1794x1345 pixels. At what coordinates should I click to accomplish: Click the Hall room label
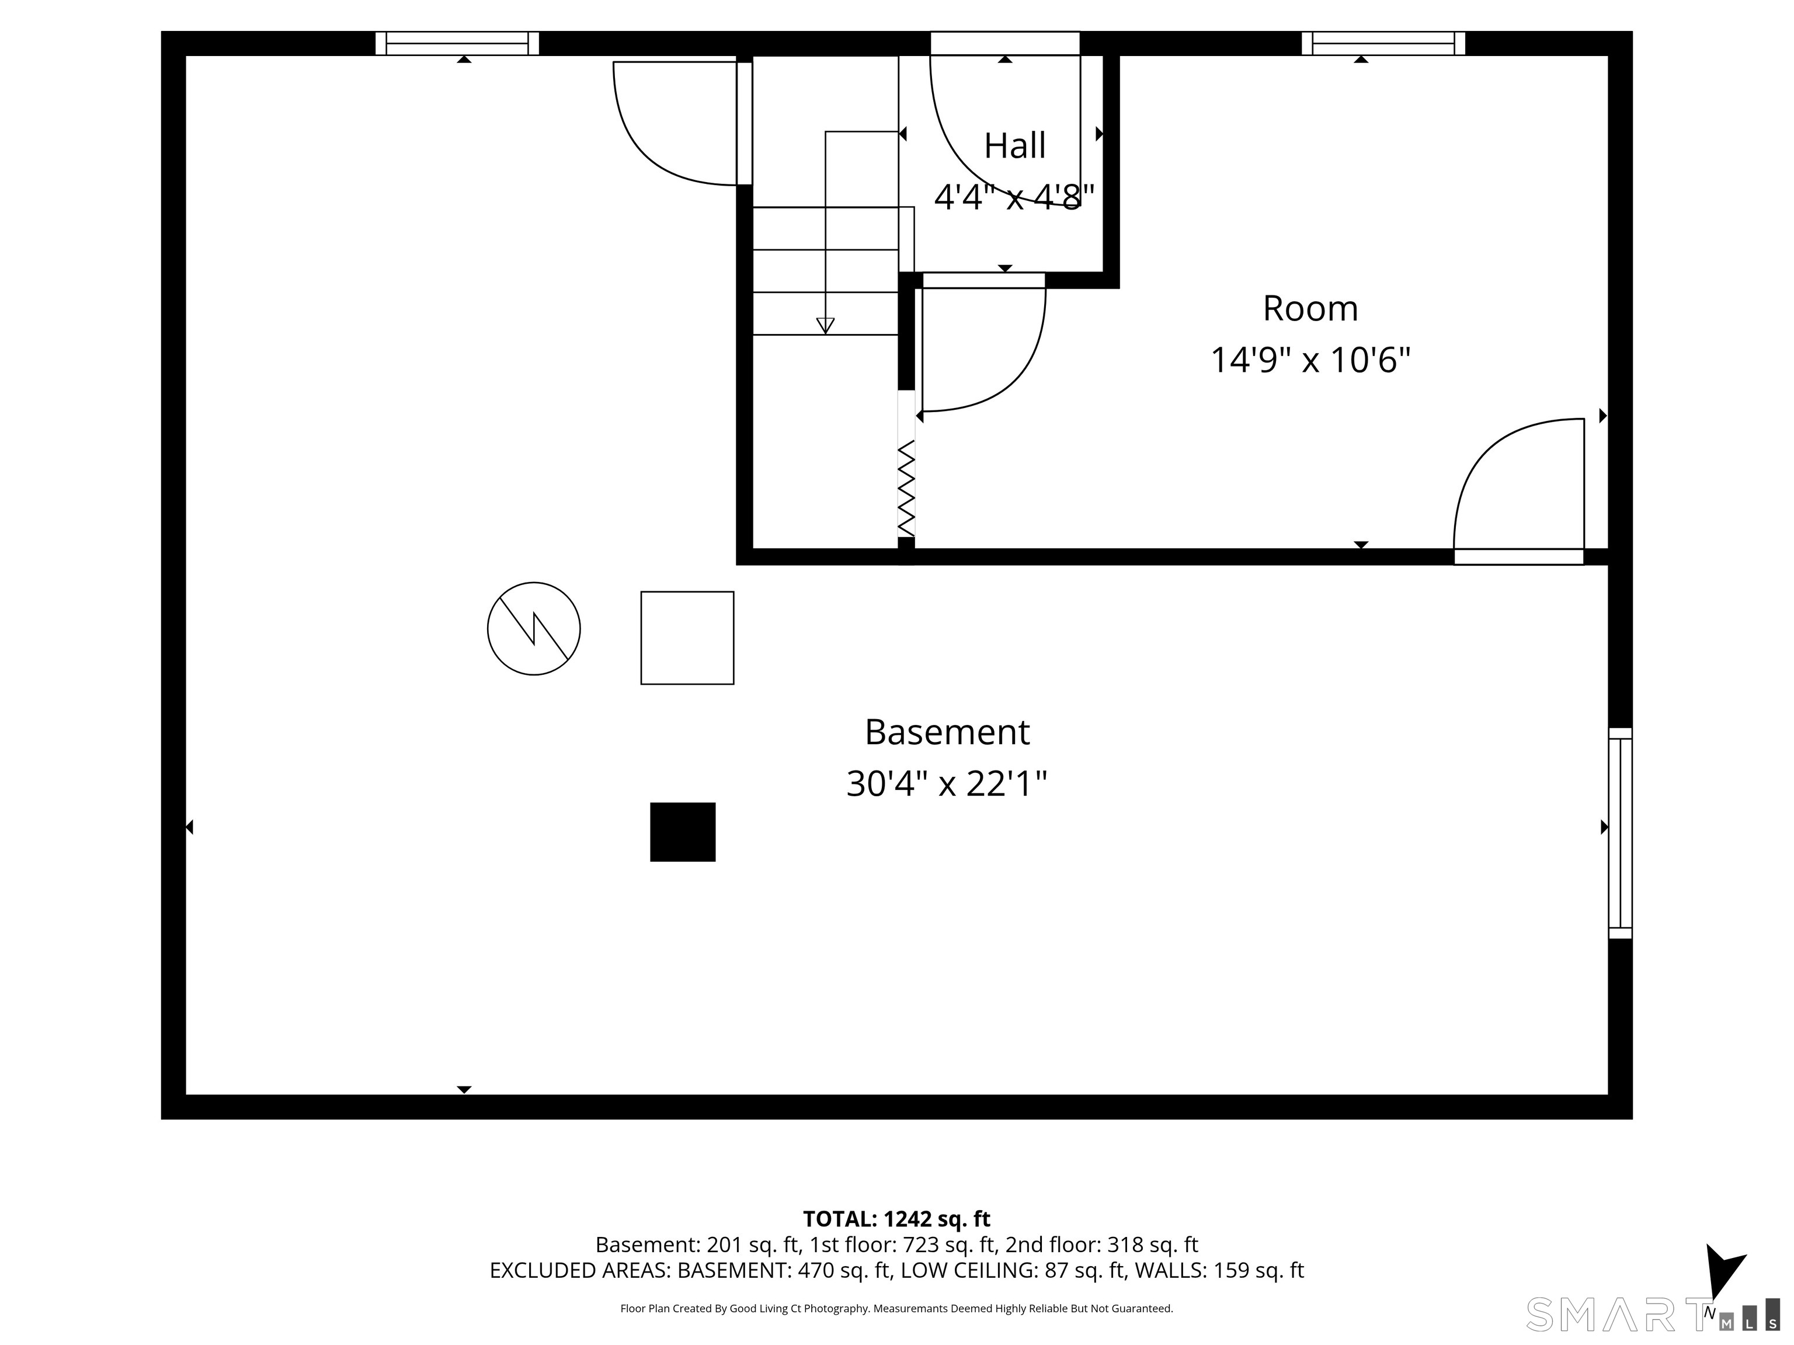(1014, 146)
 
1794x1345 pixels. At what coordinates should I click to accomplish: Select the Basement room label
(947, 732)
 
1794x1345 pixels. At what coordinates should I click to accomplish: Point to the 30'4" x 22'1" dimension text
(947, 784)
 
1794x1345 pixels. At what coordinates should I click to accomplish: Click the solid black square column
(683, 832)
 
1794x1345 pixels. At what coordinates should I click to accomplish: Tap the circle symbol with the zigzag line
(534, 628)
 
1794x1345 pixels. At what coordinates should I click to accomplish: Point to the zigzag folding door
(906, 488)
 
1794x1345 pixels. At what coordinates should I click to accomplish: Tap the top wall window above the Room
(1383, 43)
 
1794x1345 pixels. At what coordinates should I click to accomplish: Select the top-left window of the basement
(457, 43)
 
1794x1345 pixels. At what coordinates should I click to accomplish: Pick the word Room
(1310, 309)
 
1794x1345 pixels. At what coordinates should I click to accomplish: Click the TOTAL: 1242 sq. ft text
(896, 1219)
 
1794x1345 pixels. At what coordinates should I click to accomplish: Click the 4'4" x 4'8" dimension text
(1014, 196)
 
